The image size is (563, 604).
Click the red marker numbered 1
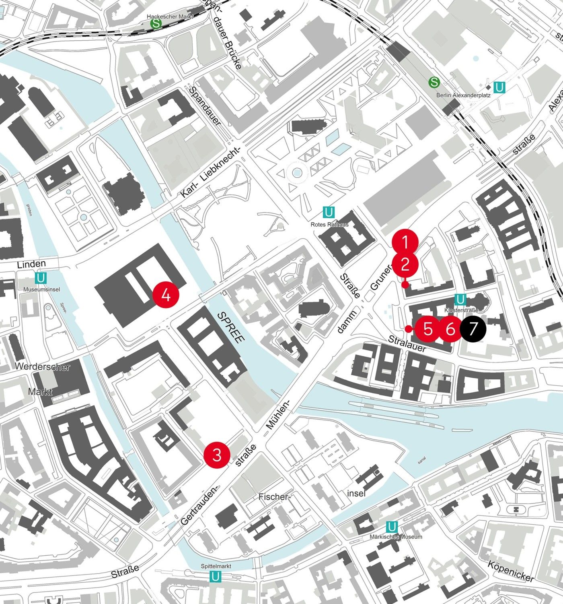point(405,242)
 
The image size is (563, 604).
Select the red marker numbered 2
point(405,265)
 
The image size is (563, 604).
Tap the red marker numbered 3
point(217,455)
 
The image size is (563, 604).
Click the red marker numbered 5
point(428,329)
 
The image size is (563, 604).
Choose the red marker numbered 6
point(450,329)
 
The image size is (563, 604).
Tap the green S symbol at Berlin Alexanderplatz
point(434,82)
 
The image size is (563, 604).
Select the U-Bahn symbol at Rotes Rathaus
point(329,212)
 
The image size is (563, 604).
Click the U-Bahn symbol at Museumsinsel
point(40,278)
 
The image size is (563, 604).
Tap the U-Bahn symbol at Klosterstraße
point(460,300)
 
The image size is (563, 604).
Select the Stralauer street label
point(407,343)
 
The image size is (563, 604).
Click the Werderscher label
point(43,367)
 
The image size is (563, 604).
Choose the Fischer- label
point(274,496)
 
